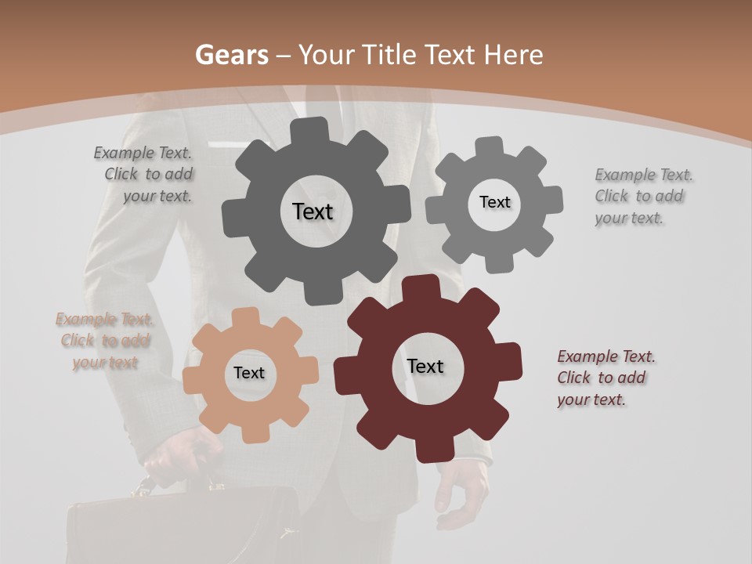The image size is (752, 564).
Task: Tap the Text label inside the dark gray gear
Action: pos(313,211)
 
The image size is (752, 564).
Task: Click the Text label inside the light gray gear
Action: pos(494,202)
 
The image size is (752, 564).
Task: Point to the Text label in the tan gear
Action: pos(249,374)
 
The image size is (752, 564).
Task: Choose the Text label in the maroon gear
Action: pos(425,367)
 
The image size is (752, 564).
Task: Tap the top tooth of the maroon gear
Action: pos(428,288)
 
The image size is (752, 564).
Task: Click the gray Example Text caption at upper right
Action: pos(642,196)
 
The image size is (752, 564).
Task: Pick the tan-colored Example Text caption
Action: pos(105,341)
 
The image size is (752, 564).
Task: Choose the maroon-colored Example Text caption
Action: pos(605,378)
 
